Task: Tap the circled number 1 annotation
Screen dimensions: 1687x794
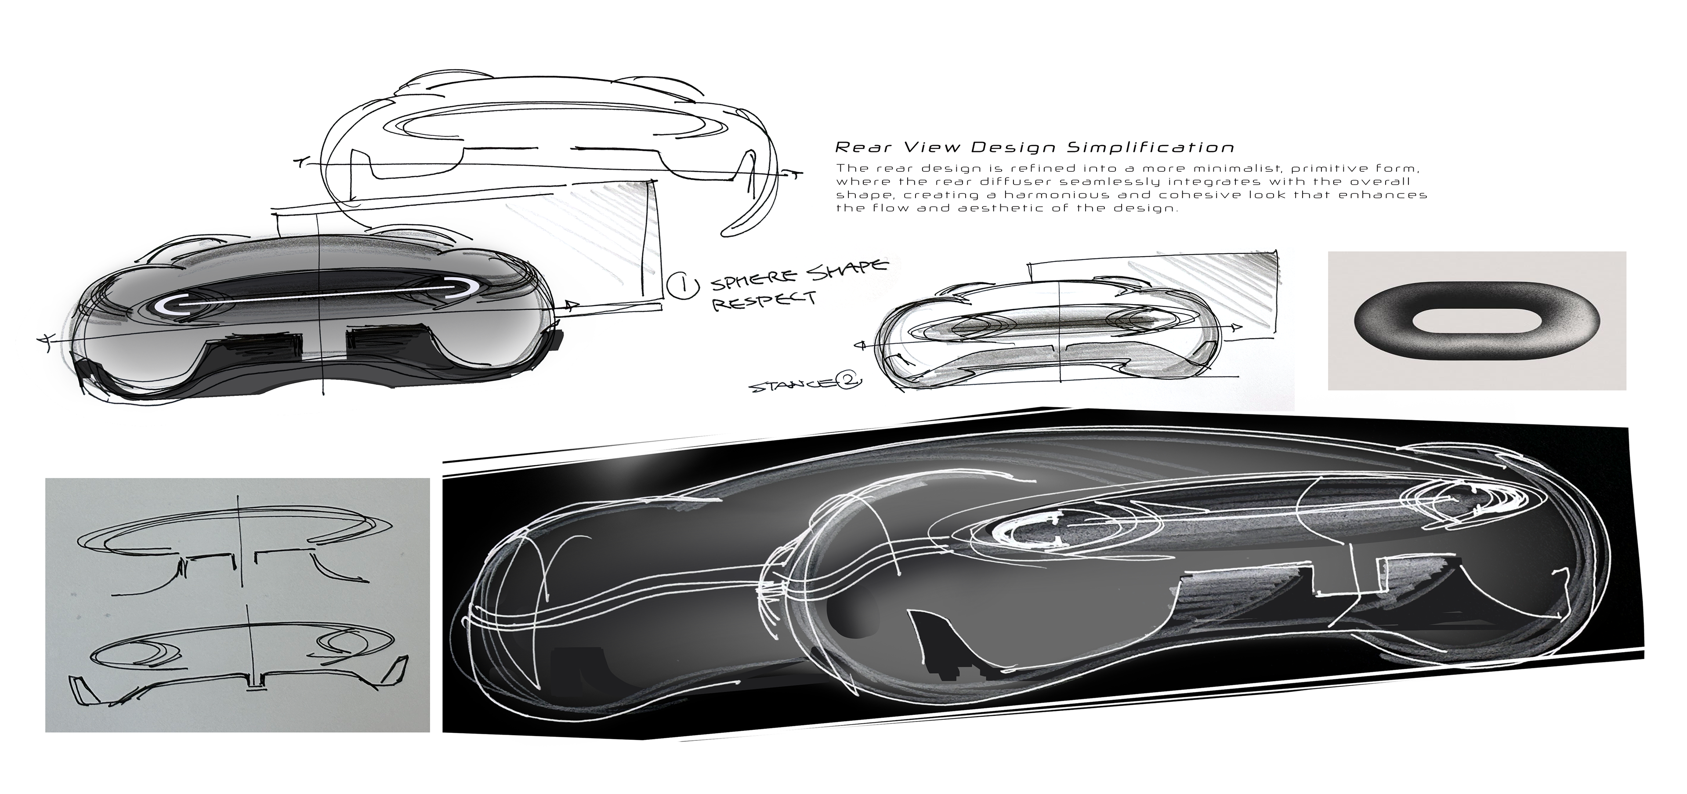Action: pyautogui.click(x=678, y=286)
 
